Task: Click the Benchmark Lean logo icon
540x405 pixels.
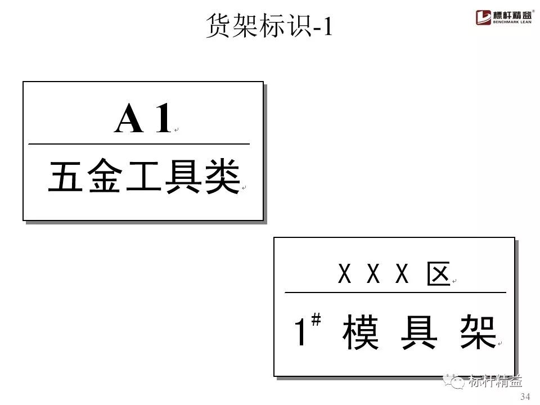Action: [x=483, y=17]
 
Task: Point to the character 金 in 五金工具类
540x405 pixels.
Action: [x=102, y=177]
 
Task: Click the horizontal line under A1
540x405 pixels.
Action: [x=138, y=145]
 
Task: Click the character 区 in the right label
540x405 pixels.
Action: [x=438, y=275]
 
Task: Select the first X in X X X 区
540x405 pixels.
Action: [x=344, y=275]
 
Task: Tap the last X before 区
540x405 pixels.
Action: [x=402, y=275]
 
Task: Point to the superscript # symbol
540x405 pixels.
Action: [x=316, y=321]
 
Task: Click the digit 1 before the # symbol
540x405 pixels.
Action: [x=301, y=332]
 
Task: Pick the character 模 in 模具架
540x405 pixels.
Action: [x=361, y=332]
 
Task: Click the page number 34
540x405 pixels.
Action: [x=525, y=397]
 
